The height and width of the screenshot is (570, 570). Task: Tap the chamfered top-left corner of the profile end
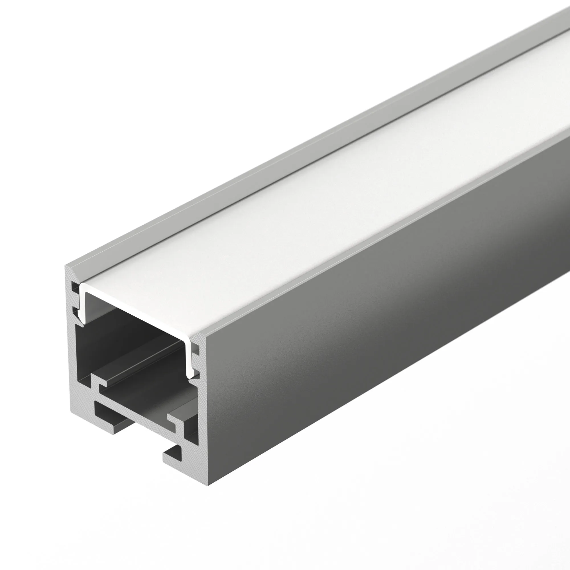[69, 270]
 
